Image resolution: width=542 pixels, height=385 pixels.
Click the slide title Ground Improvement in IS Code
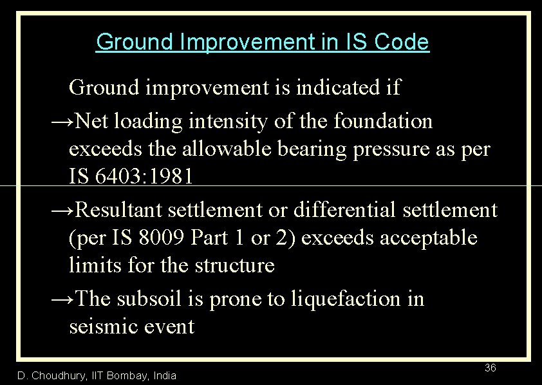point(262,42)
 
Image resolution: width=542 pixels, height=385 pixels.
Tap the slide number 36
point(490,368)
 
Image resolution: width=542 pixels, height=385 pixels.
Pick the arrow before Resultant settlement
point(63,210)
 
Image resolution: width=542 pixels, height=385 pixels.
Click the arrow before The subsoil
point(63,299)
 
